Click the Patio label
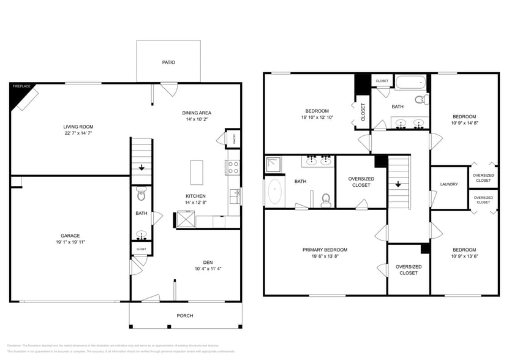[x=168, y=62]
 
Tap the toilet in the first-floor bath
[x=141, y=195]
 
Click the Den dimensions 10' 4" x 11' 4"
[x=208, y=268]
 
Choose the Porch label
[x=184, y=316]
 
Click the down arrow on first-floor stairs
[x=142, y=167]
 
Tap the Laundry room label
[x=449, y=184]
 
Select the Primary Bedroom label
[x=325, y=250]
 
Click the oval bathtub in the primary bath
[x=275, y=192]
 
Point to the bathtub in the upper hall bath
[x=409, y=81]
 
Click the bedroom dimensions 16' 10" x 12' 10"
[x=317, y=118]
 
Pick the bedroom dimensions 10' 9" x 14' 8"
[x=464, y=123]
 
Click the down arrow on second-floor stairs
[x=398, y=183]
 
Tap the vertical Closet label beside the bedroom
[x=363, y=112]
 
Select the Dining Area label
[x=197, y=113]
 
